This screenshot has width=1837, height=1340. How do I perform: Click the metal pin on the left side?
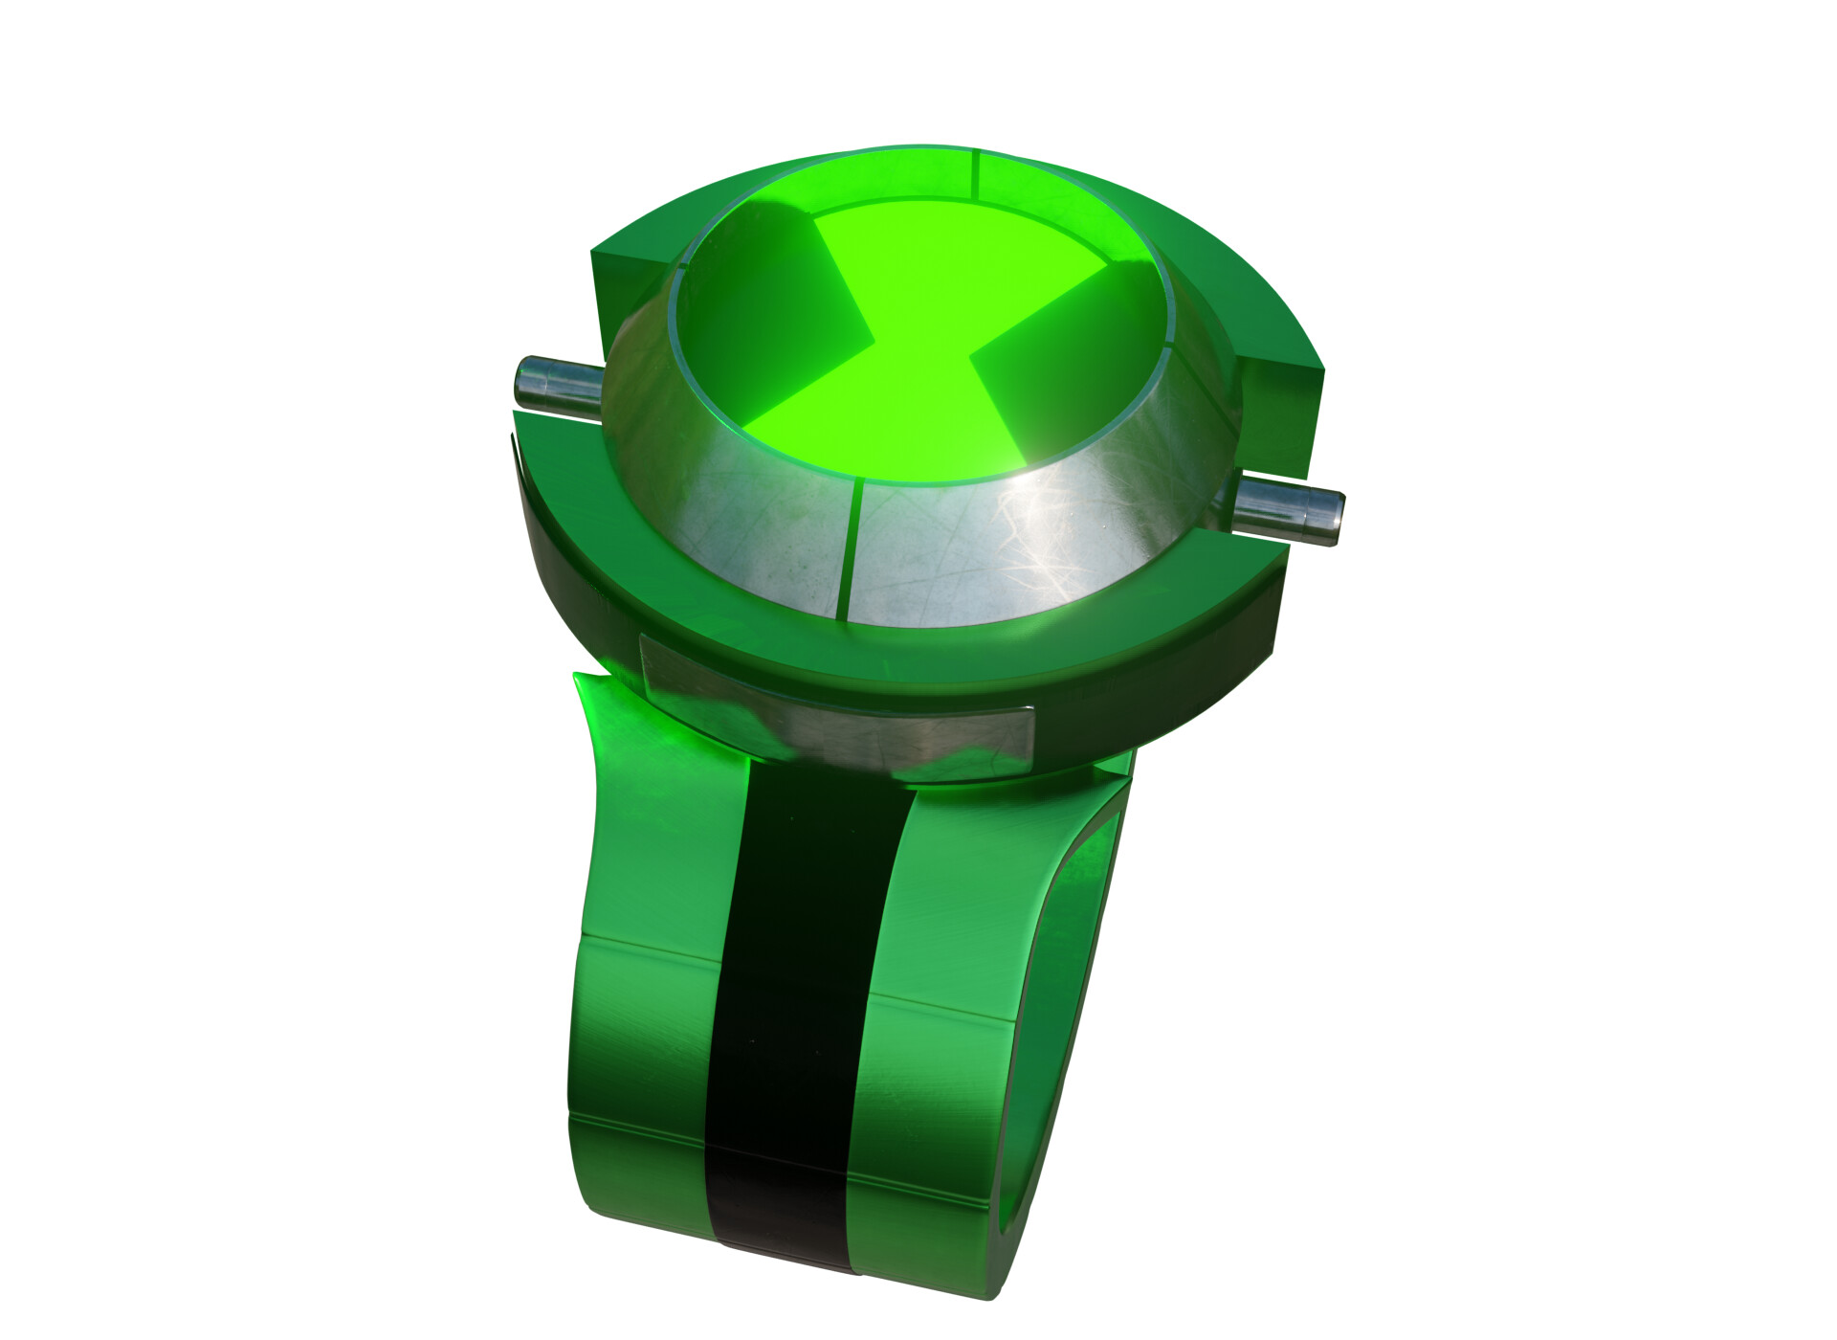point(552,385)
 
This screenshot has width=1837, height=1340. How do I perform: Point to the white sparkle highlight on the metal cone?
point(1043,536)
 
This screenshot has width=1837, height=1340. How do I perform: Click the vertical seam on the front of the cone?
point(853,550)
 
